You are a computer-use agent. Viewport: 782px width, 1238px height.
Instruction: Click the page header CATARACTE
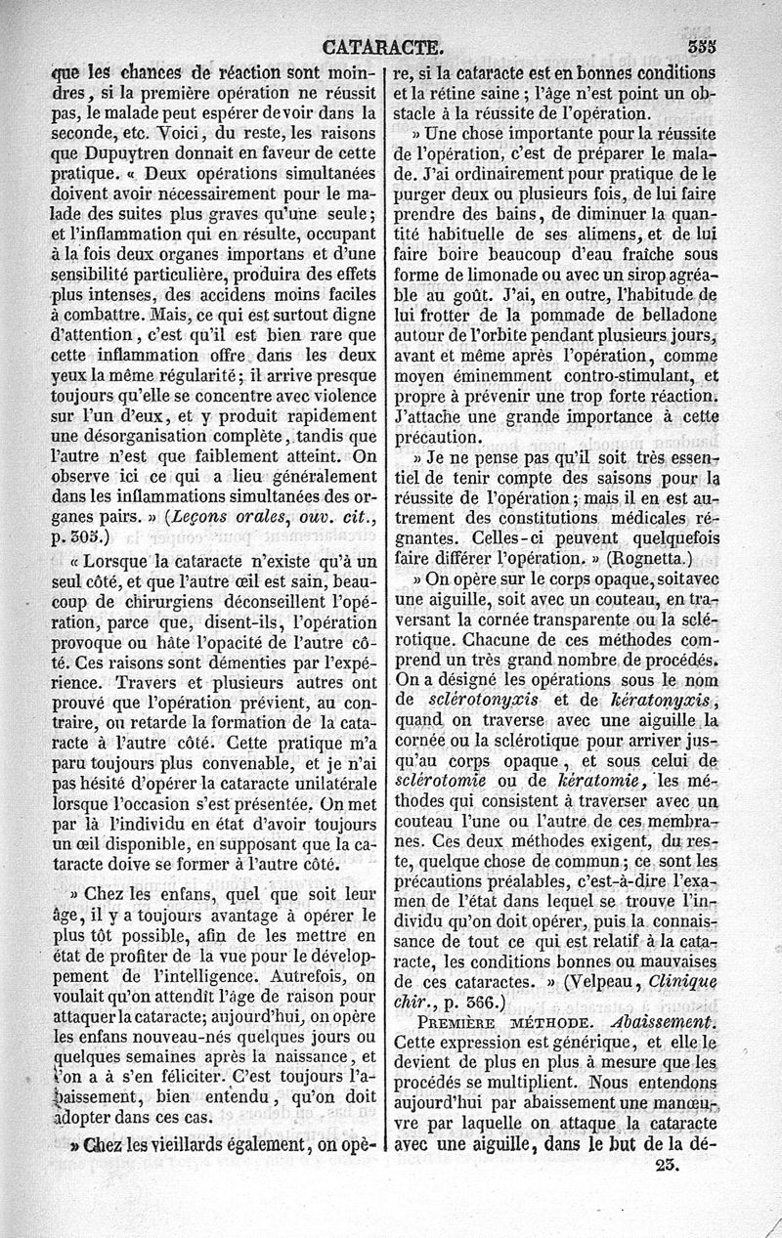(381, 44)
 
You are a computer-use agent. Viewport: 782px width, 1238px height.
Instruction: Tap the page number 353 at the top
(701, 45)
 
